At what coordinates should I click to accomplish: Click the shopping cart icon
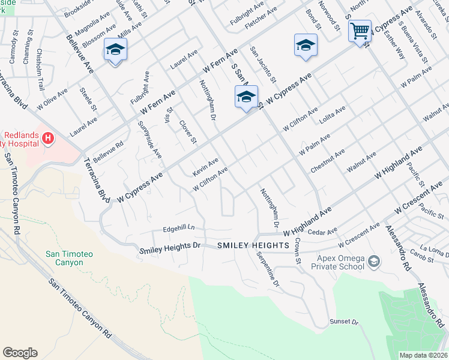coord(360,31)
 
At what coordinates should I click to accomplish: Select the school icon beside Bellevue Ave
coord(115,49)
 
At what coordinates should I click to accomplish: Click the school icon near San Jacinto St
coord(246,97)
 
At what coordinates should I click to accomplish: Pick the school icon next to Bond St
coord(306,46)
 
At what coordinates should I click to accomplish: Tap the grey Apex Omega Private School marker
coord(374,261)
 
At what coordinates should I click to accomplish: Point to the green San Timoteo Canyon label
coord(69,259)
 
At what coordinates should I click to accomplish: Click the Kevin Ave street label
coord(205,167)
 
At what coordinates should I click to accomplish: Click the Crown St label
coord(297,251)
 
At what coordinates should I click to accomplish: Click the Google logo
coord(20,353)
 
